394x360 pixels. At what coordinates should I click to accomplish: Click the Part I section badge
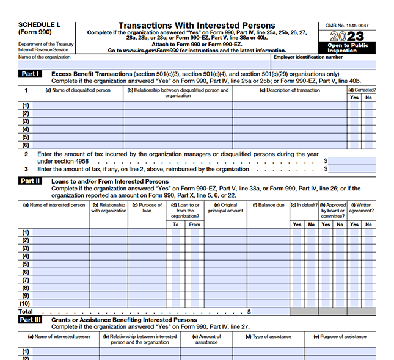29,74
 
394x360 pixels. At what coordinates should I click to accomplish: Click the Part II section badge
29,181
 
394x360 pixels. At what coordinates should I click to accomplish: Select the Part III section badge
30,320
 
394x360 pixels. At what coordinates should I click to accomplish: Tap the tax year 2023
346,37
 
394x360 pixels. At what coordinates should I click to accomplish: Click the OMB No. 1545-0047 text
346,25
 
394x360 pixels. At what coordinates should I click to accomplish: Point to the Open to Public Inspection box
346,48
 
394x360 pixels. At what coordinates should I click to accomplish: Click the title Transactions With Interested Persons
197,26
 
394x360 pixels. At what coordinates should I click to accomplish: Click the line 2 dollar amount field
352,160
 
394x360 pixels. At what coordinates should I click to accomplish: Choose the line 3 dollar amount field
352,169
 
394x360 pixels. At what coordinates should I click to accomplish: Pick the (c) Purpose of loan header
147,208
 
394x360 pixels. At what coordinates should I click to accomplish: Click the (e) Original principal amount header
225,208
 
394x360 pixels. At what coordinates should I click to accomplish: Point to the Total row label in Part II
26,311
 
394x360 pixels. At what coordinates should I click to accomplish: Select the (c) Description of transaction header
289,90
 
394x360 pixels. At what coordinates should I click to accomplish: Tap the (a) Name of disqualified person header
78,90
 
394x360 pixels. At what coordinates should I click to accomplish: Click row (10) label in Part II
26,303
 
